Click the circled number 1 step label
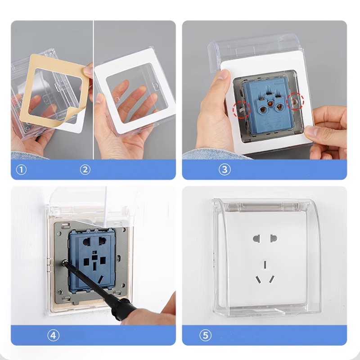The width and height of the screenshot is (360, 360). point(21,170)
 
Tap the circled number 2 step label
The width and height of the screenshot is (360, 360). point(85,170)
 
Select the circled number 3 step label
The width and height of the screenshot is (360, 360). point(225,170)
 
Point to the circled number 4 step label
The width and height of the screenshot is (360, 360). point(53,335)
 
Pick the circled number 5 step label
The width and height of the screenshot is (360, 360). point(205,335)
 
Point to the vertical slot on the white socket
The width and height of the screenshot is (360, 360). point(265,265)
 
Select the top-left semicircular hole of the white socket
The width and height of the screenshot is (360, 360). point(256,238)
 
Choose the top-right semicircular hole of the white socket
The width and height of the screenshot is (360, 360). point(274,238)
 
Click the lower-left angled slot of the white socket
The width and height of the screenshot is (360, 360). point(258,279)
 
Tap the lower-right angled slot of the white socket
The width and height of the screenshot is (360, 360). point(272,279)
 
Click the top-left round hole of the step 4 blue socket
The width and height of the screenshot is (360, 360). point(87,242)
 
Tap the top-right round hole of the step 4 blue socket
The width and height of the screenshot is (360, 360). point(103,242)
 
